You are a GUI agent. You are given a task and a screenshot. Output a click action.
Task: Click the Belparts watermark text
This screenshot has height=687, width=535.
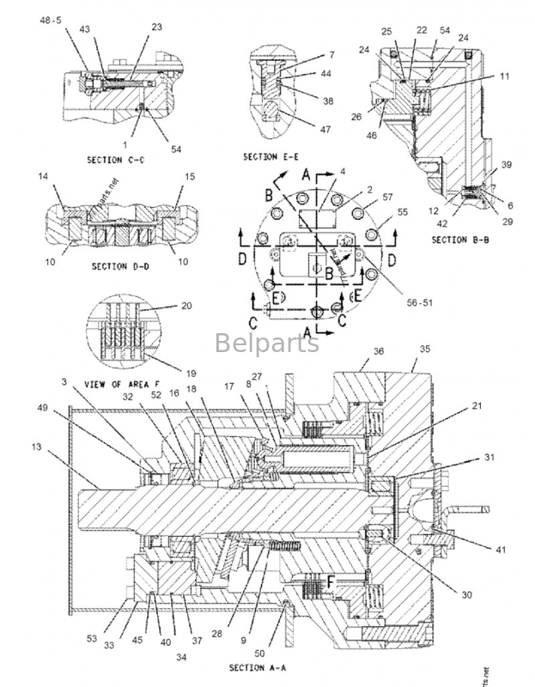pos(266,343)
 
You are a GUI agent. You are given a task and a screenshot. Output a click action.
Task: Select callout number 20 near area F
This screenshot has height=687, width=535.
pos(186,306)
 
